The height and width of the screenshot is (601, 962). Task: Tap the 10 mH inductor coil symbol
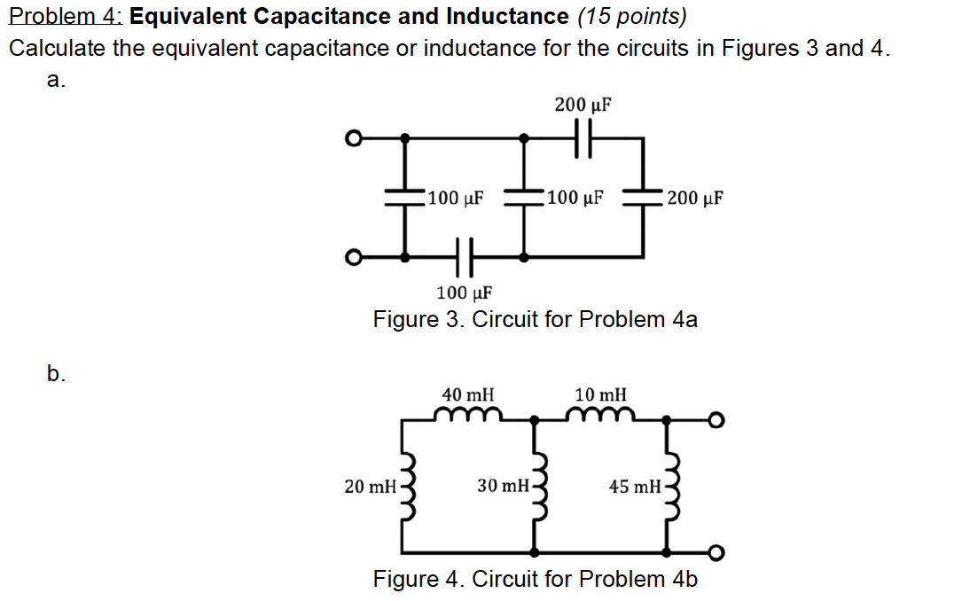pos(602,414)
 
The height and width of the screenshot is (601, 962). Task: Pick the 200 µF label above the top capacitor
pos(583,105)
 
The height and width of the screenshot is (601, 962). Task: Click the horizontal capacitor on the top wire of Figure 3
pos(583,138)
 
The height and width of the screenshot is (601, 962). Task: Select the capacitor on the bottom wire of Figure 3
pos(465,257)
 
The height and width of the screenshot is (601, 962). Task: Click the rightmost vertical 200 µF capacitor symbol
pos(643,197)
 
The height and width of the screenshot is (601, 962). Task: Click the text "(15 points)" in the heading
pos(631,16)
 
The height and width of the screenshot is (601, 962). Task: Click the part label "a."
pos(56,81)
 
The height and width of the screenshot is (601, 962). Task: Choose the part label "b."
pos(56,373)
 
